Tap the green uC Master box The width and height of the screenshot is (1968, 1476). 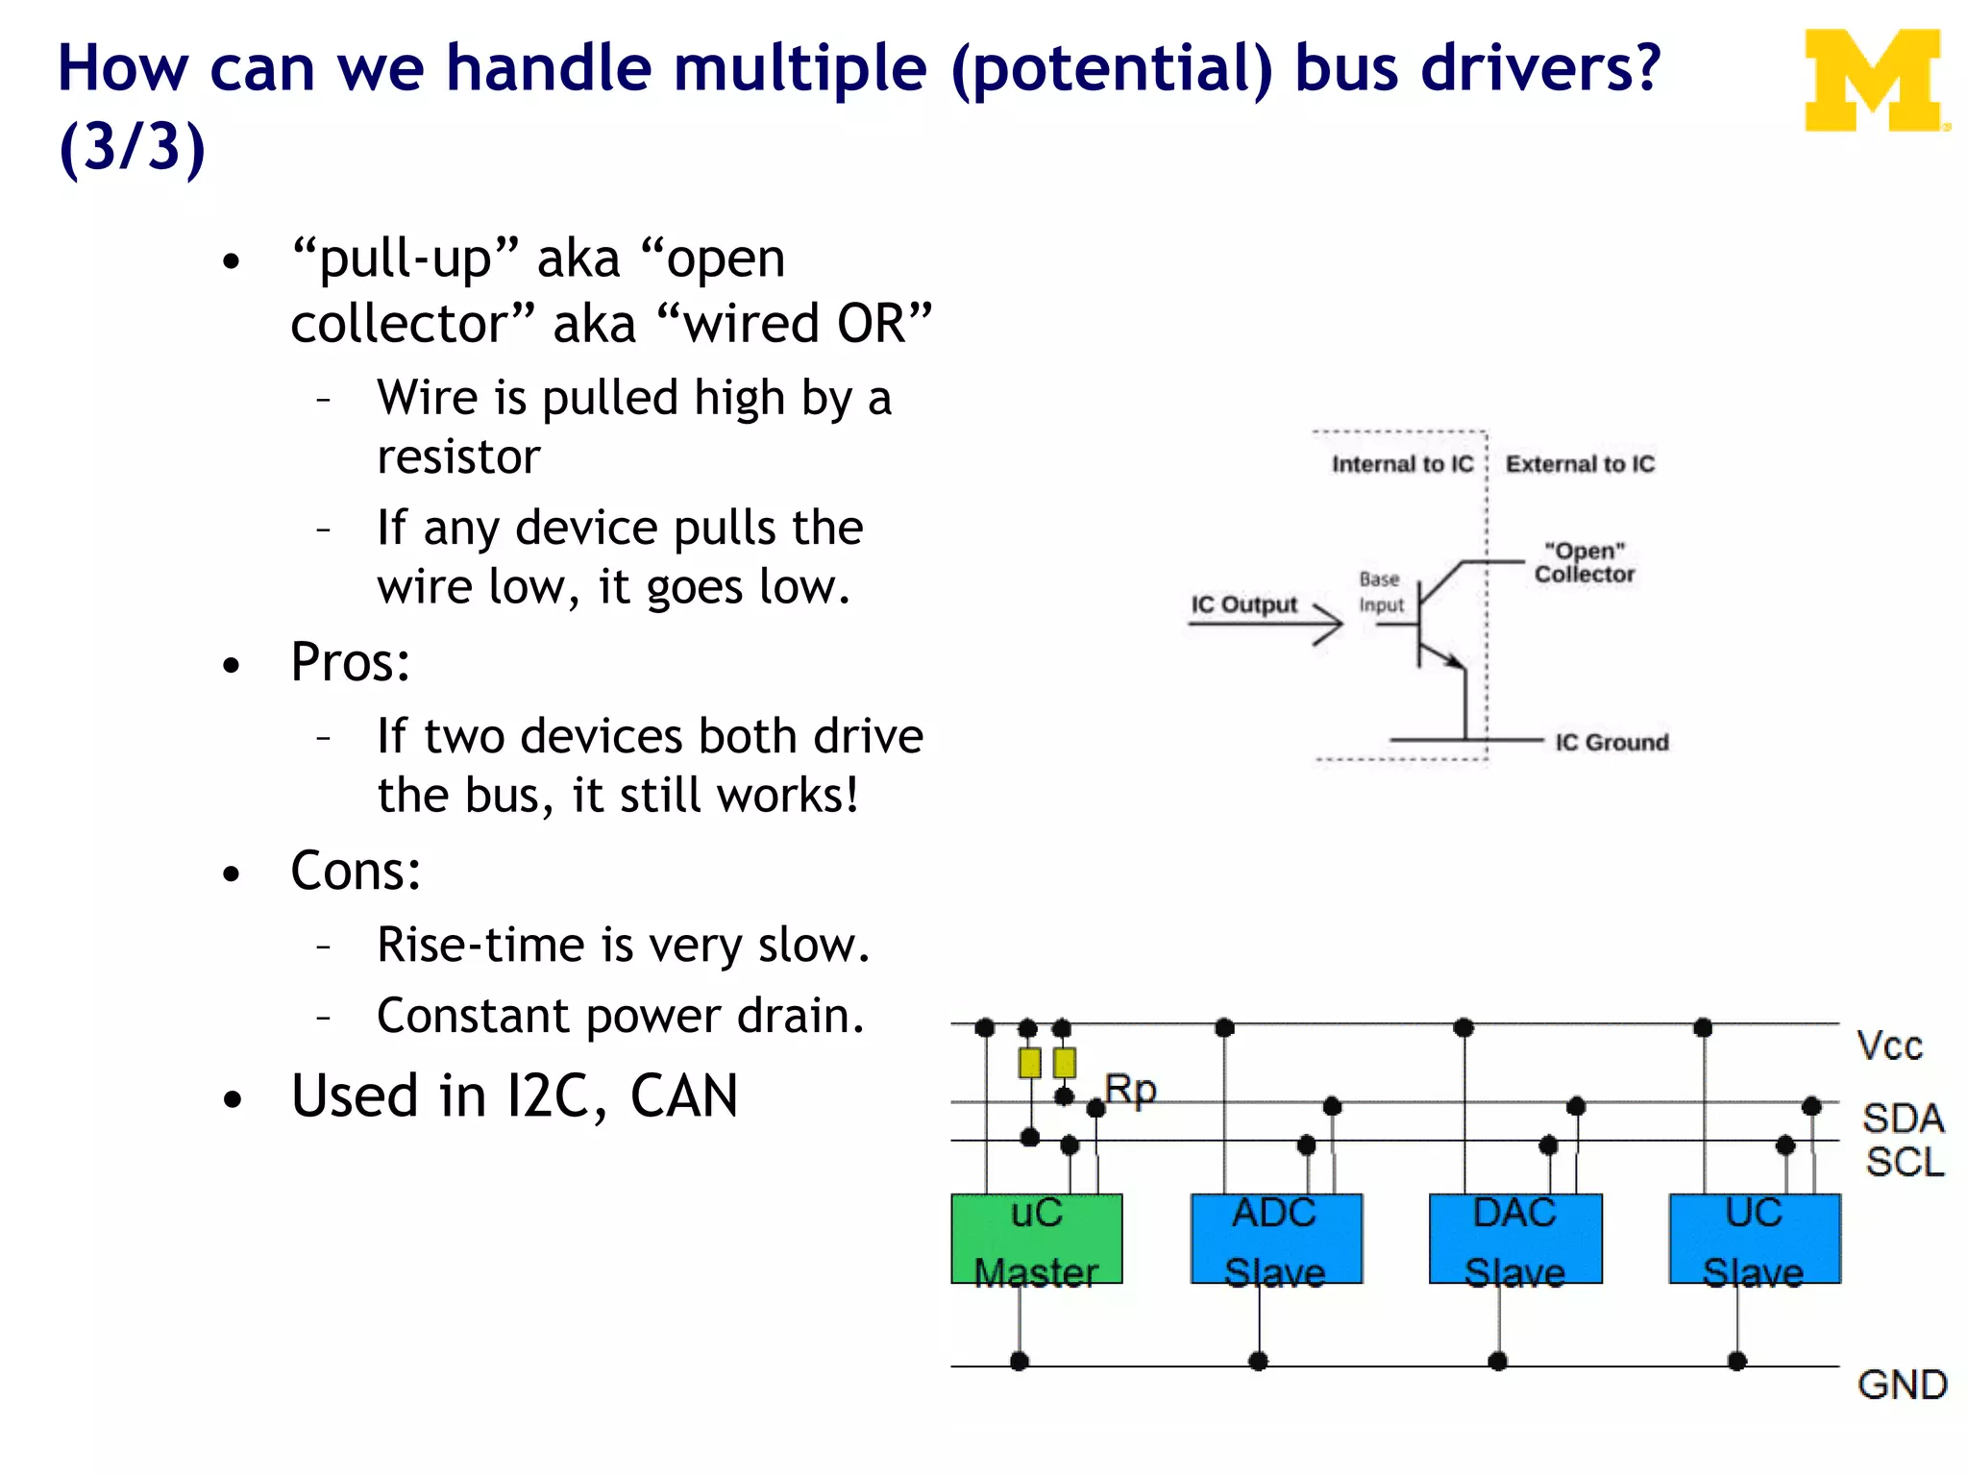click(x=1036, y=1239)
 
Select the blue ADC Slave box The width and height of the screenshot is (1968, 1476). click(x=1275, y=1239)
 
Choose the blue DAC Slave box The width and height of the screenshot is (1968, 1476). click(x=1514, y=1239)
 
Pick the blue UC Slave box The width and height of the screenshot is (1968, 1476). click(x=1754, y=1239)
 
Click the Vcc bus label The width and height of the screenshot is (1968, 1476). click(x=1889, y=1045)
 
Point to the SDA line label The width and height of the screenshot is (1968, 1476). click(x=1903, y=1119)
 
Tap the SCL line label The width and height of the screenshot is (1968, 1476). click(x=1905, y=1162)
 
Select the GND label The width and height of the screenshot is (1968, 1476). click(x=1902, y=1385)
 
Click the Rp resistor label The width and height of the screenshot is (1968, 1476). click(x=1130, y=1090)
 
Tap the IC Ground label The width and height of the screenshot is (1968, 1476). click(x=1611, y=742)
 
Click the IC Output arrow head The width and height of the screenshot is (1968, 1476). click(x=1332, y=625)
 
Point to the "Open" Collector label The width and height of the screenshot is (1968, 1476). click(x=1584, y=562)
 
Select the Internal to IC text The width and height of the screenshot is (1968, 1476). click(x=1402, y=464)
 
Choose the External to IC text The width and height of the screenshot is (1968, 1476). click(x=1580, y=464)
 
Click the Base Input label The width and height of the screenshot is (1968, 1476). click(x=1381, y=592)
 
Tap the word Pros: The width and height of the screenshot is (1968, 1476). click(x=351, y=662)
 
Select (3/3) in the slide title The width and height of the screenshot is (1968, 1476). click(x=133, y=147)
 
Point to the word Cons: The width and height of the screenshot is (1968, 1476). click(x=356, y=871)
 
